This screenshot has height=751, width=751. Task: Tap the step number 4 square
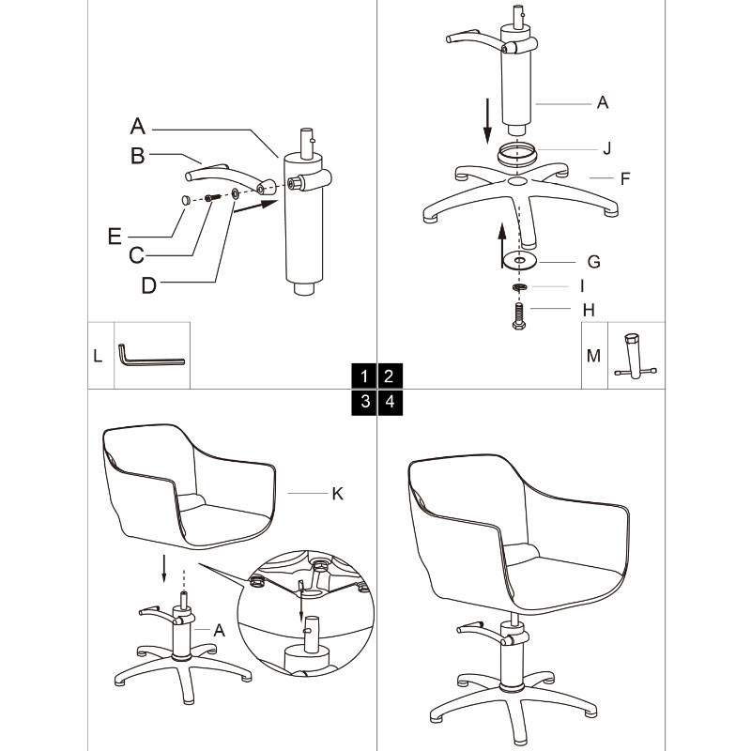389,402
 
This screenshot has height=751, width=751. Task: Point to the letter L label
98,356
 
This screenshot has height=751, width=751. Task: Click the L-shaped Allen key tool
150,358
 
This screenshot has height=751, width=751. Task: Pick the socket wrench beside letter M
636,358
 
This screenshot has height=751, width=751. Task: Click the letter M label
593,356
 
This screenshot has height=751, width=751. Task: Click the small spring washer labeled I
517,286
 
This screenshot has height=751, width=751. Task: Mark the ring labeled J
517,150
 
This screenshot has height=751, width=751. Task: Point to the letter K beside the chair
337,493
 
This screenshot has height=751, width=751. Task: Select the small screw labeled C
212,196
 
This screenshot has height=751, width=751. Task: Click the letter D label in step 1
148,285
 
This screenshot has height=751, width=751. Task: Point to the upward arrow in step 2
502,238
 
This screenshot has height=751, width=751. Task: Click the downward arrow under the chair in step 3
164,567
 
